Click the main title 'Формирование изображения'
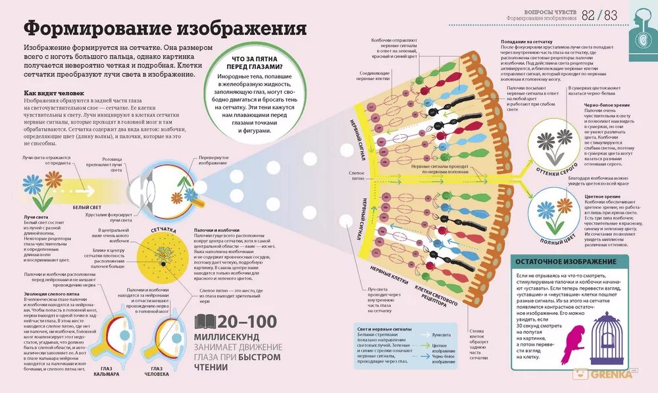coord(165,29)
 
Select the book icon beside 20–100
coord(206,321)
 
